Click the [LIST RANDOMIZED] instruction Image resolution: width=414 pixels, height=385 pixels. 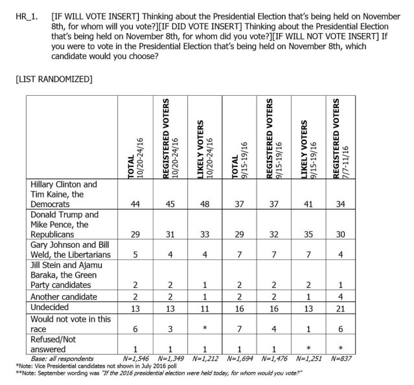[x=52, y=79]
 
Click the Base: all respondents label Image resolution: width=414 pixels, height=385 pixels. [x=62, y=357]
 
